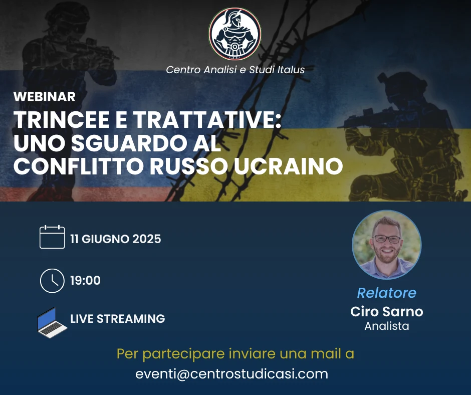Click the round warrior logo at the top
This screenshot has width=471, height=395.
pyautogui.click(x=235, y=34)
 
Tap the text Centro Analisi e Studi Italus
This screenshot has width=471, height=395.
pyautogui.click(x=235, y=70)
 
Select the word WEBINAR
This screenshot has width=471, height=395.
pyautogui.click(x=45, y=97)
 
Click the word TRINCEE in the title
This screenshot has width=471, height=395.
pyautogui.click(x=61, y=120)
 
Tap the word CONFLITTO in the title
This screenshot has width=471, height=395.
pyautogui.click(x=79, y=166)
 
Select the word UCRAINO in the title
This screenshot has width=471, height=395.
pyautogui.click(x=289, y=166)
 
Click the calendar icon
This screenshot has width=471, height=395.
pyautogui.click(x=52, y=237)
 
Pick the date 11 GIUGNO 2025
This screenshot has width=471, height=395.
pyautogui.click(x=116, y=239)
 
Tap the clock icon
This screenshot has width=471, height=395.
pyautogui.click(x=52, y=281)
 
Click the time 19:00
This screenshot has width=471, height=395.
pyautogui.click(x=85, y=281)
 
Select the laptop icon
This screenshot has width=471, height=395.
pyautogui.click(x=52, y=322)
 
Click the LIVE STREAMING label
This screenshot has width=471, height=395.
pyautogui.click(x=117, y=319)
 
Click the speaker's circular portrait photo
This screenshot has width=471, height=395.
pyautogui.click(x=387, y=245)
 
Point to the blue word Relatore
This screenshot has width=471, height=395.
pyautogui.click(x=387, y=293)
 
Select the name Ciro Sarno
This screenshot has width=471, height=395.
pyautogui.click(x=387, y=311)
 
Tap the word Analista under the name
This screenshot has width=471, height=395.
pyautogui.click(x=387, y=326)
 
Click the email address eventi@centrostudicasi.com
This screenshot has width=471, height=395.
pyautogui.click(x=231, y=374)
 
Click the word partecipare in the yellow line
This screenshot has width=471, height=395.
pyautogui.click(x=183, y=354)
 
